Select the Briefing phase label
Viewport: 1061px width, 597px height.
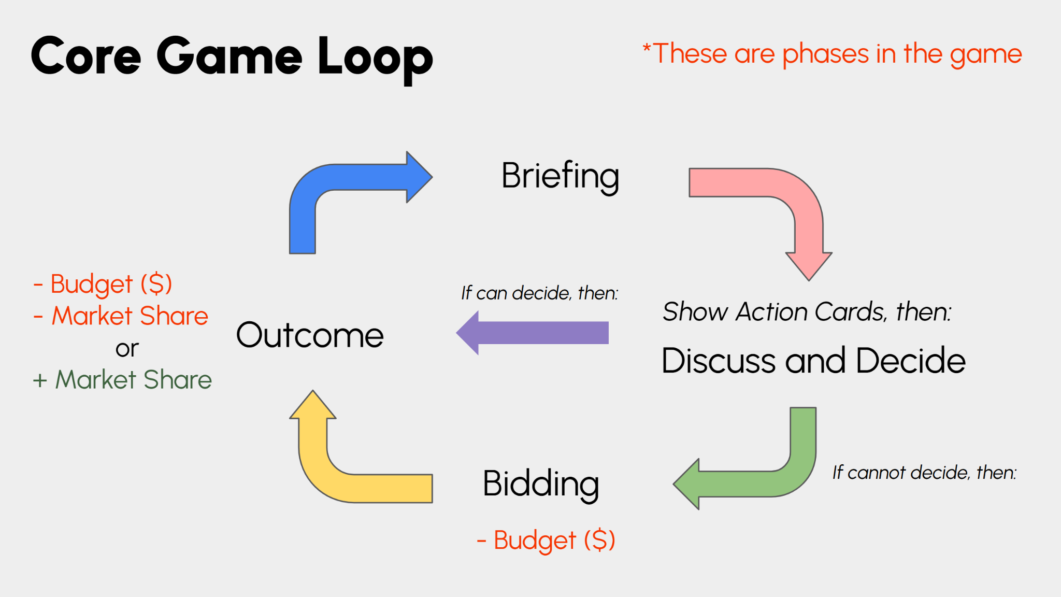[x=561, y=177]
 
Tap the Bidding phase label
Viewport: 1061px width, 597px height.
[x=541, y=484]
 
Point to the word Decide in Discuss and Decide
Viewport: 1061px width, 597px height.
[x=911, y=360]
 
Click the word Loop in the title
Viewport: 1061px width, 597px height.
[x=375, y=58]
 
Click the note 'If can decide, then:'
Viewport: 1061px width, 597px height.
[x=540, y=293]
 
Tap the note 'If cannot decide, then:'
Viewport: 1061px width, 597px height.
[x=925, y=473]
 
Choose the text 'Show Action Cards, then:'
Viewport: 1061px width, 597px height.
[x=807, y=312]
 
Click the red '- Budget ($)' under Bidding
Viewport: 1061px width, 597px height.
[x=546, y=541]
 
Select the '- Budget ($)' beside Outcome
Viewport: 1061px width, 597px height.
[x=103, y=285]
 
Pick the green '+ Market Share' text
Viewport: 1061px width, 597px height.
[x=122, y=380]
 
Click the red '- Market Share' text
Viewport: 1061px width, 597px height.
[x=121, y=316]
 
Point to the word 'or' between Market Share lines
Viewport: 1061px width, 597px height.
[x=127, y=349]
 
